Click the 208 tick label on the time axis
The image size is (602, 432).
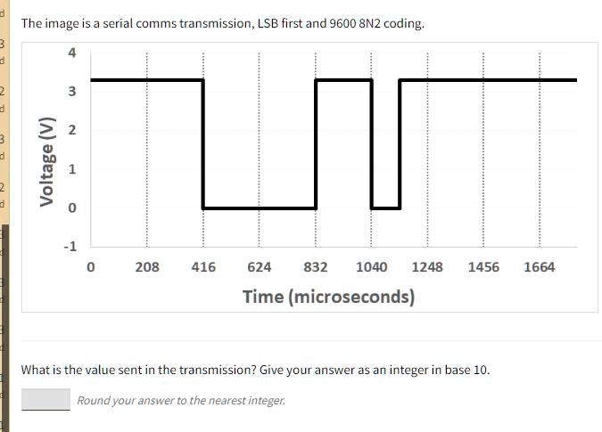tap(147, 267)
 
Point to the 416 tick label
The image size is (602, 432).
tap(203, 267)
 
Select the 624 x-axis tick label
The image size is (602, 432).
tap(260, 267)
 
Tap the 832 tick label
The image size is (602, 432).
tap(316, 267)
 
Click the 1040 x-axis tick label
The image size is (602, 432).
tap(371, 267)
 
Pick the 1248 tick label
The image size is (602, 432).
tap(427, 267)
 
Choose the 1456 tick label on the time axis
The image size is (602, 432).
tap(483, 267)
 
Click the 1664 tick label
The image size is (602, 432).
tap(539, 267)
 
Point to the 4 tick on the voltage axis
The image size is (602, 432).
tap(72, 53)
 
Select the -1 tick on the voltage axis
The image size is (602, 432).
tap(70, 246)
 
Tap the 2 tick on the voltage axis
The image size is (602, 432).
tap(72, 131)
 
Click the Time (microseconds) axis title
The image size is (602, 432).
tap(328, 297)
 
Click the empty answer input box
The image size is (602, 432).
tap(45, 399)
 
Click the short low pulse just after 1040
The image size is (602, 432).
tap(385, 207)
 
